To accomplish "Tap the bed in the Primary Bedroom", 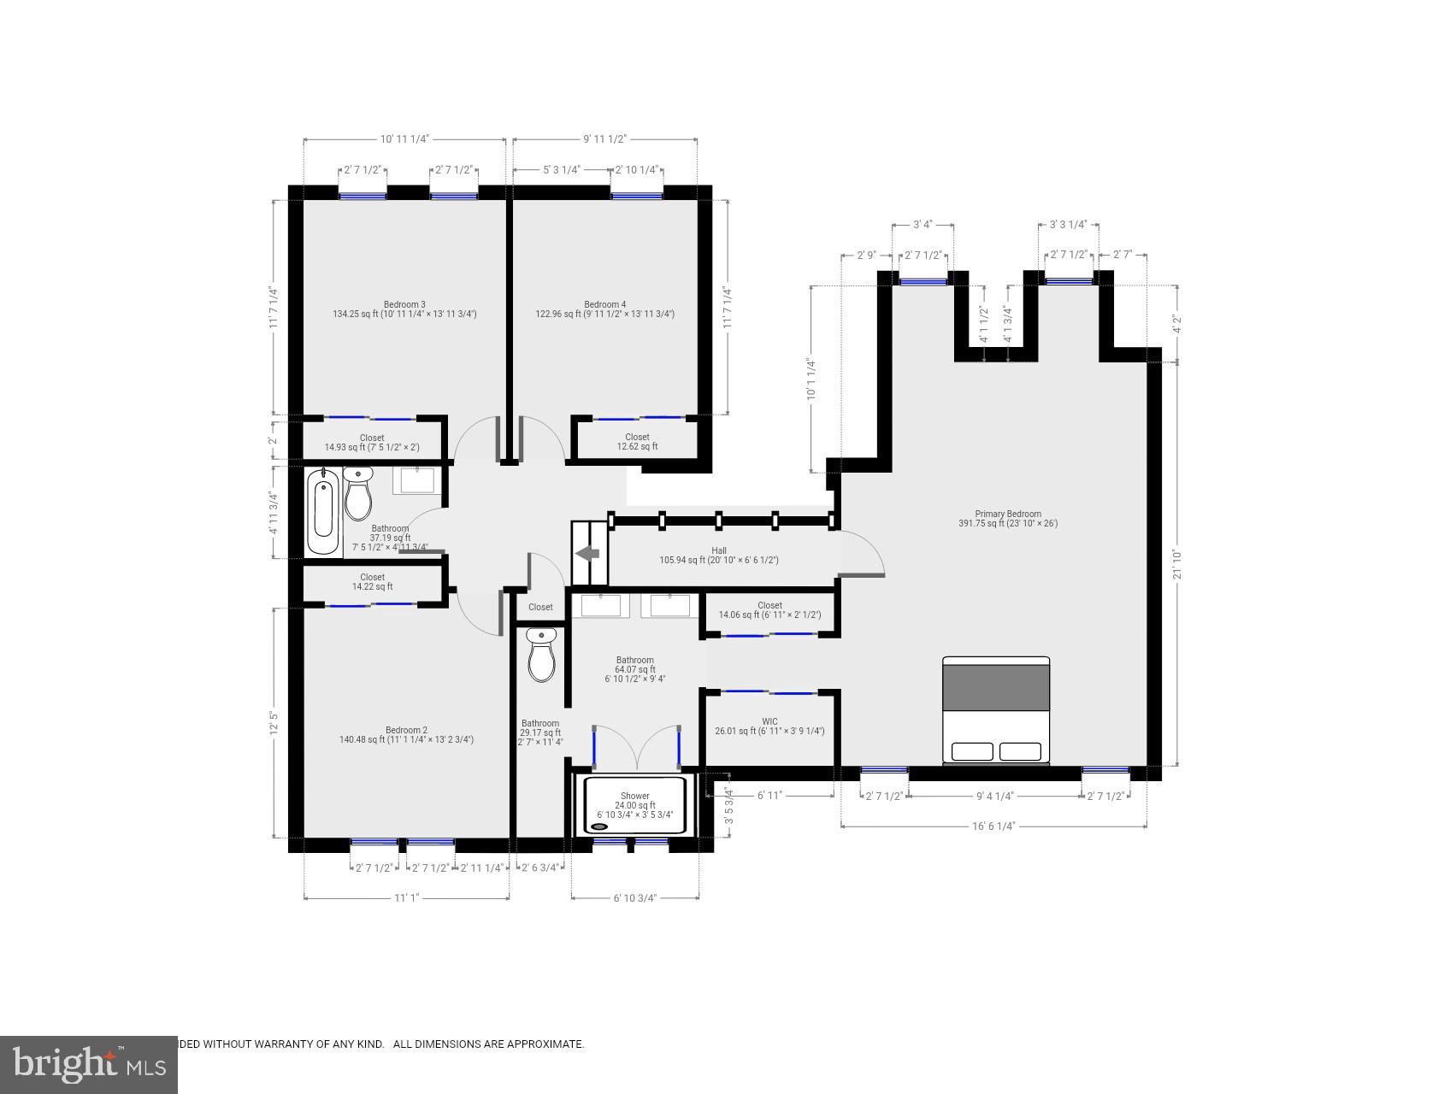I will tap(996, 709).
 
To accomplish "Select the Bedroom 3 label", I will tap(404, 304).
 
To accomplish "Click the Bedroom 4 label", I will tap(604, 304).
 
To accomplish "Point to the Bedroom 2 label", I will tap(406, 730).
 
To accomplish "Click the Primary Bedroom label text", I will tap(1008, 514).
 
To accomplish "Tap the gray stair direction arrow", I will tap(588, 554).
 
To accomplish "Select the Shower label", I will tap(635, 796).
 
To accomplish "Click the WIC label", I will tap(769, 721).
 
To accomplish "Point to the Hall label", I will tap(719, 550).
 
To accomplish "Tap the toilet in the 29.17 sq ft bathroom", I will tap(541, 656).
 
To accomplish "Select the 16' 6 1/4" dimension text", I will tap(993, 826).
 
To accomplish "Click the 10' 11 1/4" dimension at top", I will tap(404, 138).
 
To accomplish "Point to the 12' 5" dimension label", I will tap(274, 723).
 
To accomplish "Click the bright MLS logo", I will tap(89, 1064).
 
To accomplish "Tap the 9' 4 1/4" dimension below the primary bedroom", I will tap(994, 796).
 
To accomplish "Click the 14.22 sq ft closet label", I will tap(372, 582).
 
